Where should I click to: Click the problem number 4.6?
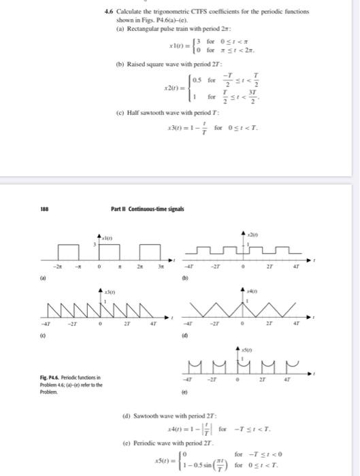point(108,12)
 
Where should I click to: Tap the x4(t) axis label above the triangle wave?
point(253,291)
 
